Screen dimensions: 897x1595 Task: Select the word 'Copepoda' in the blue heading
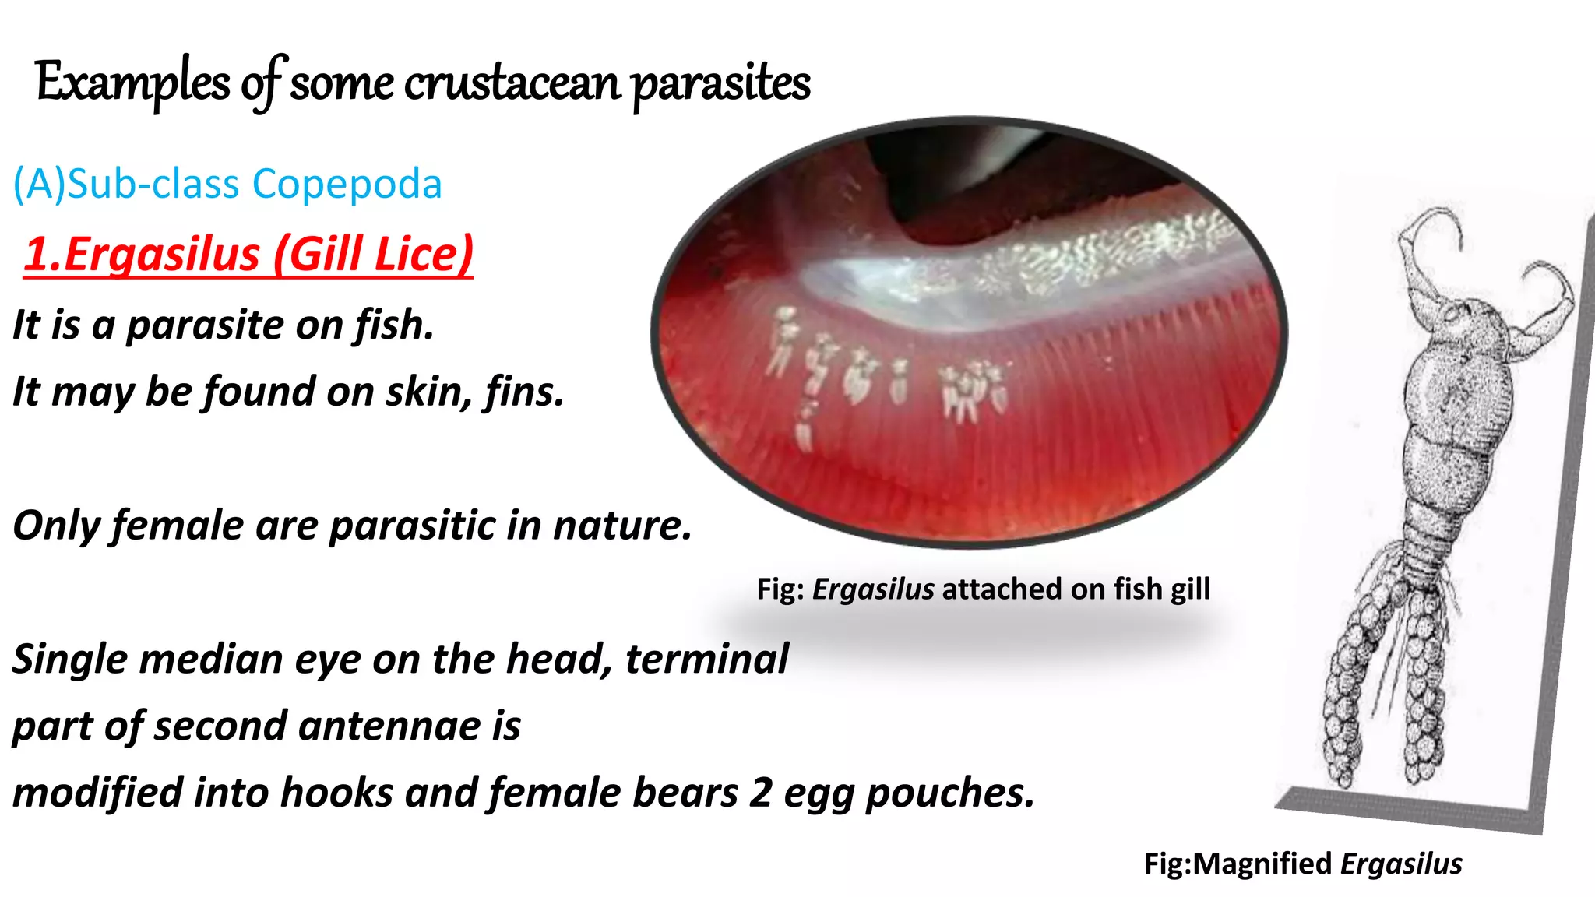347,184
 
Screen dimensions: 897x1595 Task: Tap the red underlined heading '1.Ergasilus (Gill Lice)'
248,254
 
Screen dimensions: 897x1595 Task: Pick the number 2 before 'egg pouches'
761,793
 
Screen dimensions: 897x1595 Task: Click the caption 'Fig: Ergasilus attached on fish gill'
983,589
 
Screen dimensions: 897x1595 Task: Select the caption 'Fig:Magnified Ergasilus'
1302,864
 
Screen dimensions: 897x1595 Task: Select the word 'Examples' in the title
132,83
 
